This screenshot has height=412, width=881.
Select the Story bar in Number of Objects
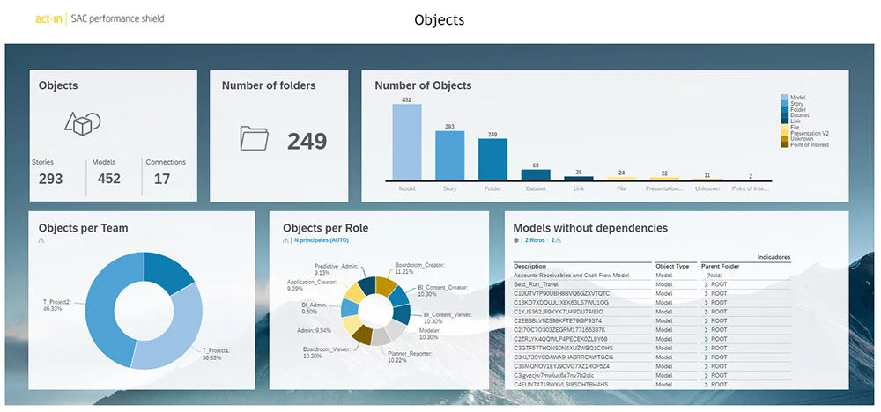450,156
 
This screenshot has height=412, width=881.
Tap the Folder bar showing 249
492,158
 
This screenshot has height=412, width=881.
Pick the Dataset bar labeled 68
536,174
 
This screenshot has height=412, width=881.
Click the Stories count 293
51,179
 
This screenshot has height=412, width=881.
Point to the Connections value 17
162,179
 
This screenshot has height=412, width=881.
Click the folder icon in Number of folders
254,138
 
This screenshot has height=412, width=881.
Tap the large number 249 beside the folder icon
307,141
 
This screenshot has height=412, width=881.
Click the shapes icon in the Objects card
82,123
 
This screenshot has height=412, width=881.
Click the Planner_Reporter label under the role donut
408,356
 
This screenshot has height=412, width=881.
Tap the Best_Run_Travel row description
537,284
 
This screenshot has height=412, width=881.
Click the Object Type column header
671,265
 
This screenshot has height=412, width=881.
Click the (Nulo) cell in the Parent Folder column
715,275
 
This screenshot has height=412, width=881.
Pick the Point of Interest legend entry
810,143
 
